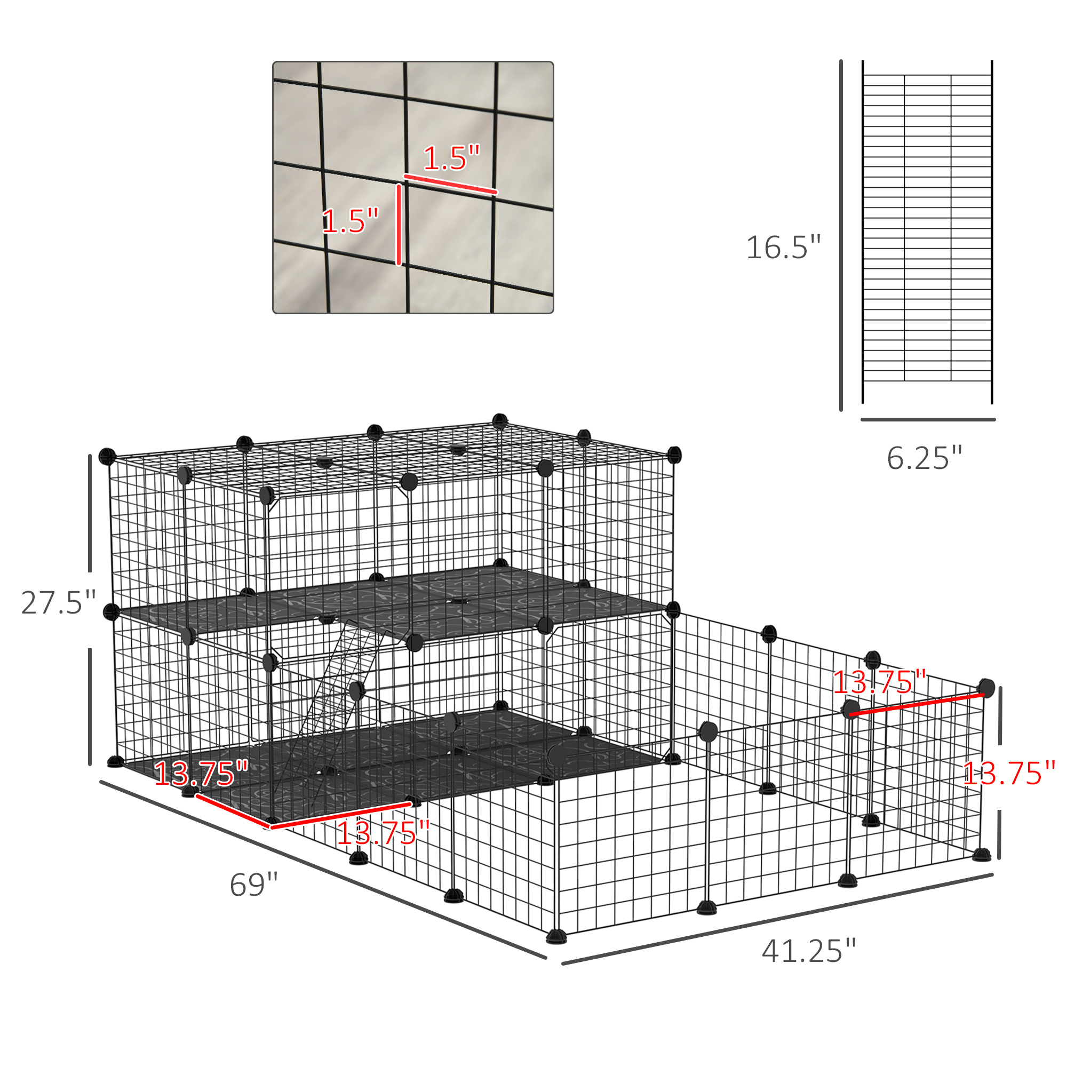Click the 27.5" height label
59,602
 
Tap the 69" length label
254,885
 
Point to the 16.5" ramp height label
784,247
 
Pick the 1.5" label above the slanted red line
452,158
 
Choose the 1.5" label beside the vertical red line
351,221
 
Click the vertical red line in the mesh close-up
399,225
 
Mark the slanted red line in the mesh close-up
451,184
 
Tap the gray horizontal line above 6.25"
928,420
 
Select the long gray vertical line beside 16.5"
841,235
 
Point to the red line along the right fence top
917,705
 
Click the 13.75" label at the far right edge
1009,773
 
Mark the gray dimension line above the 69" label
323,870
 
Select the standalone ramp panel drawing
927,232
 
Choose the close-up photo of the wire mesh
413,187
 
